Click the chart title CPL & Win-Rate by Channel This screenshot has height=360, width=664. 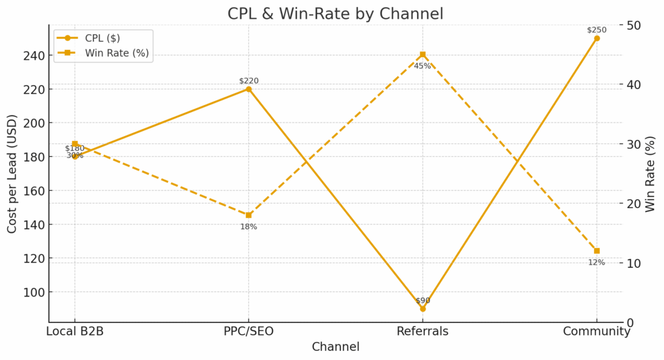click(x=335, y=14)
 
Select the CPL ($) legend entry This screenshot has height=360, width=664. click(x=103, y=38)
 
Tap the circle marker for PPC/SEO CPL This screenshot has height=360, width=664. click(x=248, y=89)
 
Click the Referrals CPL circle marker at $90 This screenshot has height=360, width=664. click(x=422, y=309)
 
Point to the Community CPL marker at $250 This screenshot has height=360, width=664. click(x=597, y=38)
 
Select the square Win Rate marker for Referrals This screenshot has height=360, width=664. click(x=422, y=54)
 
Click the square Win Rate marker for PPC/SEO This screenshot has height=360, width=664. click(x=248, y=215)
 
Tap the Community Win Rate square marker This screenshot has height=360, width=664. click(x=597, y=251)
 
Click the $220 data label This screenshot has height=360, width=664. click(x=248, y=80)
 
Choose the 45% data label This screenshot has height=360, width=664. click(x=422, y=66)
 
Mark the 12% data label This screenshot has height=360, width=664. click(x=597, y=262)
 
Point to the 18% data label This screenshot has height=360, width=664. click(x=248, y=226)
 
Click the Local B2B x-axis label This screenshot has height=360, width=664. click(x=75, y=331)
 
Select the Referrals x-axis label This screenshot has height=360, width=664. click(x=422, y=331)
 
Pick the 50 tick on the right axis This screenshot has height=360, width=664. click(x=634, y=25)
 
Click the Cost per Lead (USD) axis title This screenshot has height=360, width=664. click(x=12, y=173)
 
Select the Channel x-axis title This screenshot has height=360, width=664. click(x=335, y=347)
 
